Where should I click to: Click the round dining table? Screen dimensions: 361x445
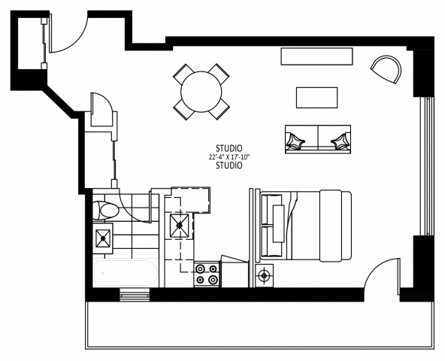[201, 91]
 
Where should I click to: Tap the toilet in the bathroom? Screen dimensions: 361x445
[104, 210]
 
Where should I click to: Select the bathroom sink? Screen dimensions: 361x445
[103, 239]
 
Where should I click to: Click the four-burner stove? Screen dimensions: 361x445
[207, 275]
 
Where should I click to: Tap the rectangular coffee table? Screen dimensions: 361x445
[316, 98]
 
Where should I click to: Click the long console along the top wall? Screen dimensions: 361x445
[316, 56]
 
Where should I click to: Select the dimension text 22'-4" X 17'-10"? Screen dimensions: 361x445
[229, 157]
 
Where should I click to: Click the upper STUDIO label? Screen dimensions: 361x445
[229, 148]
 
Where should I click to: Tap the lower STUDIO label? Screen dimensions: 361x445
[229, 166]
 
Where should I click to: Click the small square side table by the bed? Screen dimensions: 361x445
[264, 275]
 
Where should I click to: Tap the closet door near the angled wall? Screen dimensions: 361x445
[101, 113]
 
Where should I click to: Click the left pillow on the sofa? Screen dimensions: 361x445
[296, 139]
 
